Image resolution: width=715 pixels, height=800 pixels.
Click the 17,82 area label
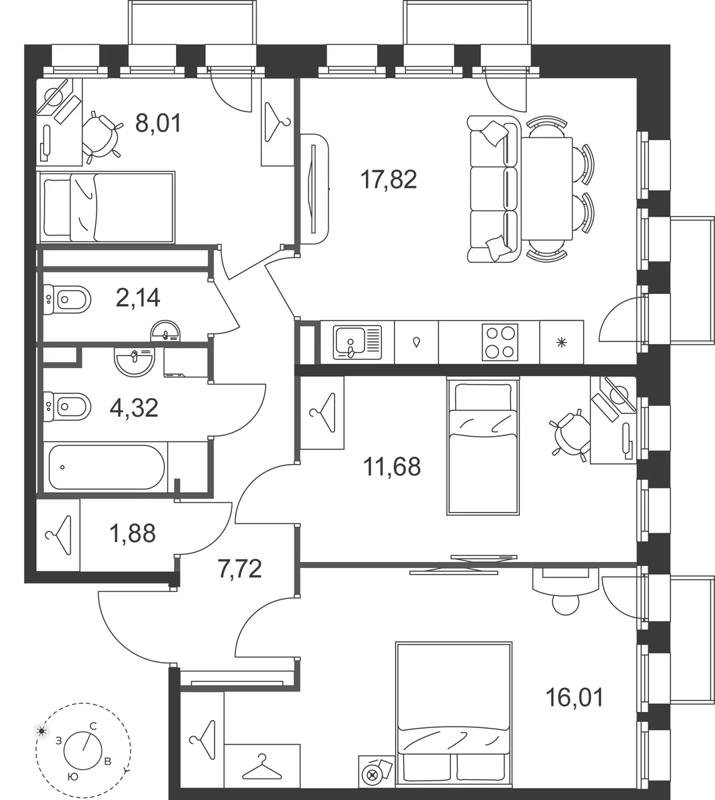tap(388, 179)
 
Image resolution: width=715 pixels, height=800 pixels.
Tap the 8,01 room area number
tap(158, 123)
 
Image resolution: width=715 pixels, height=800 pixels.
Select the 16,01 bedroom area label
tap(574, 697)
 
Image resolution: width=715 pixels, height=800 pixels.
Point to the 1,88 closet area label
tap(132, 533)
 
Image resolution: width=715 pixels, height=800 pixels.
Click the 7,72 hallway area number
tap(240, 569)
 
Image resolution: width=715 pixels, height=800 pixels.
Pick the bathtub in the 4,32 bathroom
tap(107, 467)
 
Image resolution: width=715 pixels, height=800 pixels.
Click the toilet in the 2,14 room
tap(67, 300)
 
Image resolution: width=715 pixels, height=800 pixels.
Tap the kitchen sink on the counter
tap(357, 343)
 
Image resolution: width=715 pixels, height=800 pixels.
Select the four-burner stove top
tap(500, 343)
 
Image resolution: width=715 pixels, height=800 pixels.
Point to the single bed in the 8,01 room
tap(106, 207)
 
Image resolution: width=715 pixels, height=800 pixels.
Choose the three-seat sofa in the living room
tap(494, 189)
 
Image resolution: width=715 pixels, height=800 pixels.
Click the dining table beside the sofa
tap(547, 189)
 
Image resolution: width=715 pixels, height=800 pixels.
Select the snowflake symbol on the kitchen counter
tap(561, 343)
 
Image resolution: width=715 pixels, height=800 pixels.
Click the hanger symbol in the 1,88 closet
tap(59, 535)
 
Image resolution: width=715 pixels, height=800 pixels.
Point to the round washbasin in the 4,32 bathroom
tap(134, 361)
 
